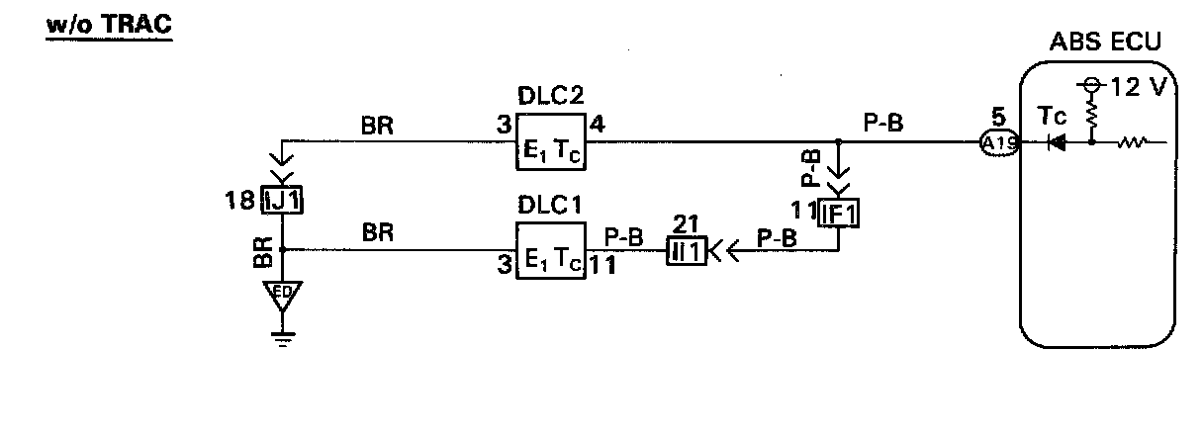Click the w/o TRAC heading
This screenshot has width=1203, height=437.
[109, 24]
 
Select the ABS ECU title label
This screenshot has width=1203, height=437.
[1105, 44]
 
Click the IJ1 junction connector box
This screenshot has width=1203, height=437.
[283, 202]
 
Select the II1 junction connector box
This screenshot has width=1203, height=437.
[686, 251]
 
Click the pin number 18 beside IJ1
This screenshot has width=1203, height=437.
[240, 201]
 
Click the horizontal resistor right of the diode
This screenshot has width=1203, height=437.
[1132, 142]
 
